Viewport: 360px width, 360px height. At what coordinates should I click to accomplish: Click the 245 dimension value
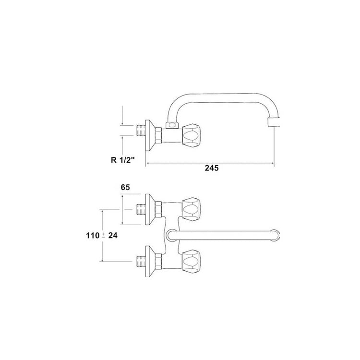tap(212, 168)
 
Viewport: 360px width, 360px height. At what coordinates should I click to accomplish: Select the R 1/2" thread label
tap(122, 160)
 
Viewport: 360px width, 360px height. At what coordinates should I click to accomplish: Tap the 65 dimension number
tap(125, 187)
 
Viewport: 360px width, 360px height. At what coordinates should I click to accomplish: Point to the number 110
tap(93, 235)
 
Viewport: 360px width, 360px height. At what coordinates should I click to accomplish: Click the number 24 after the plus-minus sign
tap(113, 235)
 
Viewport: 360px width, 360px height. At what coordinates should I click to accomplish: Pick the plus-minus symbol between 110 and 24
tap(104, 235)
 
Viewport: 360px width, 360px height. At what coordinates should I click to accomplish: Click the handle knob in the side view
tap(191, 134)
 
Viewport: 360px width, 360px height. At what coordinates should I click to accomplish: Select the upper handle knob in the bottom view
tap(191, 209)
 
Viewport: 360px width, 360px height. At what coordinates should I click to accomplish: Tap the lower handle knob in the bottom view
tap(191, 262)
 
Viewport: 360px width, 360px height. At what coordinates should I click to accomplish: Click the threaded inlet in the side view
tap(141, 130)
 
